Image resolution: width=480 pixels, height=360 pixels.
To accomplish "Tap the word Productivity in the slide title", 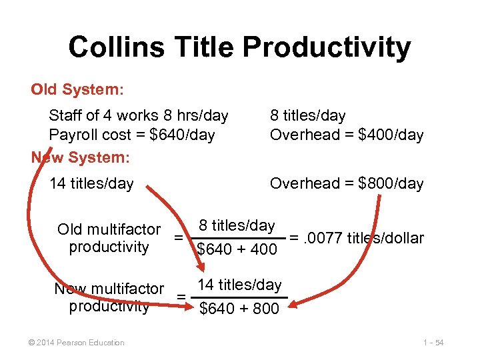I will (x=327, y=49).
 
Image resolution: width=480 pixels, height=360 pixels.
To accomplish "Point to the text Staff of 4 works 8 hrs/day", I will (x=139, y=116).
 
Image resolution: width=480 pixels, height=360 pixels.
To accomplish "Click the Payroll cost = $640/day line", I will (x=132, y=135).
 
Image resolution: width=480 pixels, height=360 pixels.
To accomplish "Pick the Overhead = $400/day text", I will (x=347, y=135).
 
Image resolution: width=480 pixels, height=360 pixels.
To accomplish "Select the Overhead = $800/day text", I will (x=347, y=183).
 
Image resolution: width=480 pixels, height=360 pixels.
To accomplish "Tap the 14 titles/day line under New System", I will (x=91, y=183).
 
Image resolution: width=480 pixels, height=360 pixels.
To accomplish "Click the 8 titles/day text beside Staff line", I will (x=308, y=116).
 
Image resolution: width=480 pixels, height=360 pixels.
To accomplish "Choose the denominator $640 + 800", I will (x=239, y=309).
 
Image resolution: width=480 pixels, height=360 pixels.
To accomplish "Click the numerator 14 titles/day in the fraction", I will (x=239, y=285).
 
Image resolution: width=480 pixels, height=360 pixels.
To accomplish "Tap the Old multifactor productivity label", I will (x=109, y=238).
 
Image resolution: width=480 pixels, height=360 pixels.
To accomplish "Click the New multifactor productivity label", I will (x=109, y=297).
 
